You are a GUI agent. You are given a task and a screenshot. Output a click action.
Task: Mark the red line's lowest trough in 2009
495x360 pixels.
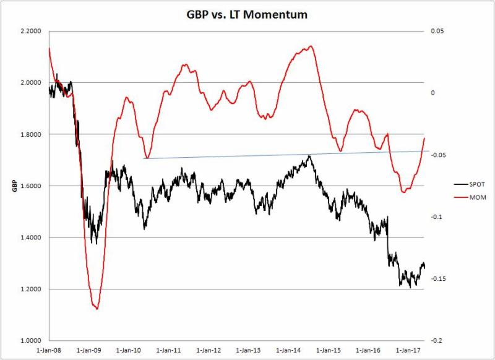pos(97,308)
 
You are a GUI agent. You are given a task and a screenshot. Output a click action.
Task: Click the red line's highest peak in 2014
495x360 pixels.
pos(310,46)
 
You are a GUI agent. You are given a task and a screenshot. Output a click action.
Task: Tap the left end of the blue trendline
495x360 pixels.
pos(144,159)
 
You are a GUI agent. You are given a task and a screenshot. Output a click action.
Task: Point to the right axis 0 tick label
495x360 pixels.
pos(434,93)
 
